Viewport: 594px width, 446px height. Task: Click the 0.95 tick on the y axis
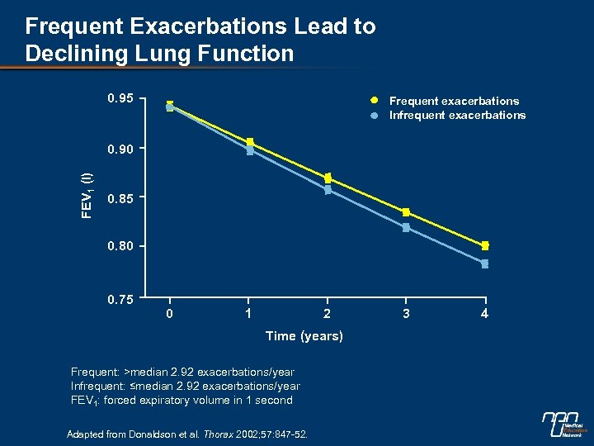click(121, 100)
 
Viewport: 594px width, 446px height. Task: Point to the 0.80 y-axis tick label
click(121, 246)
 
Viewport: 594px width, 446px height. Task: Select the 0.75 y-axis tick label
click(121, 299)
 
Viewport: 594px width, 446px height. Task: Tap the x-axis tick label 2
click(328, 314)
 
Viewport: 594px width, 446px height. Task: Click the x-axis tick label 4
click(485, 314)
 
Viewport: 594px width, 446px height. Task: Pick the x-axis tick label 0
click(169, 314)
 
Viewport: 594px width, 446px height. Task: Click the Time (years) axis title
click(304, 335)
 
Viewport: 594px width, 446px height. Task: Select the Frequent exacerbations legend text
click(454, 101)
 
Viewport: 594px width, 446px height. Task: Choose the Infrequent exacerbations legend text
click(457, 115)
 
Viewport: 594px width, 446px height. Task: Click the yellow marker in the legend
click(374, 101)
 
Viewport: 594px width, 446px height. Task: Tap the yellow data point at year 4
click(485, 245)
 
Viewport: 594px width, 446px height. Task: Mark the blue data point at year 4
click(485, 263)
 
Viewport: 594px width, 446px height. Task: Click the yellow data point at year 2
click(328, 178)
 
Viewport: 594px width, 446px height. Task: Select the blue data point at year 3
click(406, 227)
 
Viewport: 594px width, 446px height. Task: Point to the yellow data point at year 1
click(250, 143)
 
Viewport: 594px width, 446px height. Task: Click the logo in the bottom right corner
click(563, 425)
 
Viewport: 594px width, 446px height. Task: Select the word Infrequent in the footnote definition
click(98, 386)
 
